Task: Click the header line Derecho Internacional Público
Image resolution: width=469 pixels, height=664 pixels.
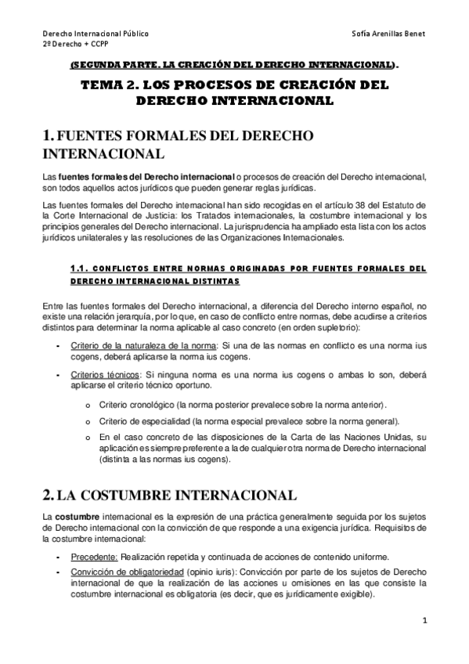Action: tap(95, 34)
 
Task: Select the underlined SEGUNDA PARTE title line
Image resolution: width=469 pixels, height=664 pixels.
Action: tap(233, 67)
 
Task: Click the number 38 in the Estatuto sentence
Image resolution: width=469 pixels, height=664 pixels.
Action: tap(348, 204)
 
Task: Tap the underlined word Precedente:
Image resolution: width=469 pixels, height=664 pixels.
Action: tap(94, 557)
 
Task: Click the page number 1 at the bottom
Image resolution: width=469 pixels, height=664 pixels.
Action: tap(424, 622)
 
